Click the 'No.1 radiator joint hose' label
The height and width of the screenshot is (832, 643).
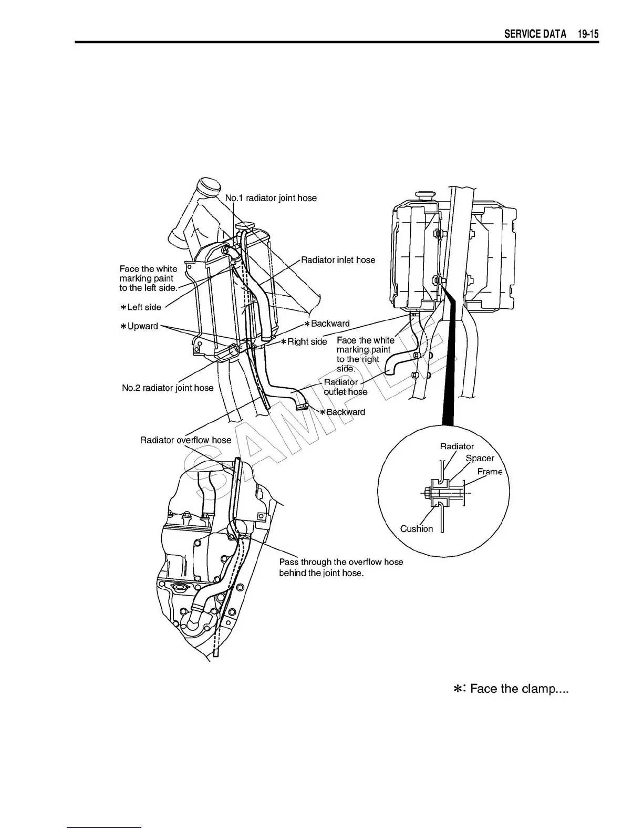tap(271, 198)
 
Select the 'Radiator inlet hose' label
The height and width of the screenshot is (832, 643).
tap(338, 260)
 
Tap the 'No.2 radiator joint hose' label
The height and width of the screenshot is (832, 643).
tap(168, 388)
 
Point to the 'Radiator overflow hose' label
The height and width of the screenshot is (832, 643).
tap(185, 440)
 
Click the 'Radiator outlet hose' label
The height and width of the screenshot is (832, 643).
tap(345, 387)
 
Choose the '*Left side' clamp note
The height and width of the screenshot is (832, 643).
tap(141, 307)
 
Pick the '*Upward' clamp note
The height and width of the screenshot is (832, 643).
tap(139, 326)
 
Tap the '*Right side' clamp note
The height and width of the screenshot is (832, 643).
tap(304, 342)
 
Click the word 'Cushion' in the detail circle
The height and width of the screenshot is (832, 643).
tap(417, 529)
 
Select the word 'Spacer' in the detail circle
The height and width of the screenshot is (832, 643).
tap(480, 458)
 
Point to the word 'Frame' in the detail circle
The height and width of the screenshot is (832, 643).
tap(490, 472)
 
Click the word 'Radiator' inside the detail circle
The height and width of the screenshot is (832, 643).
tap(457, 446)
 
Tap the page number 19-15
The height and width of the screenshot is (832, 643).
tap(586, 35)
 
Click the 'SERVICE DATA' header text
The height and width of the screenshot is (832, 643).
tap(535, 35)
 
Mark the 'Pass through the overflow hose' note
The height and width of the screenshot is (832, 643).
tap(341, 562)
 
